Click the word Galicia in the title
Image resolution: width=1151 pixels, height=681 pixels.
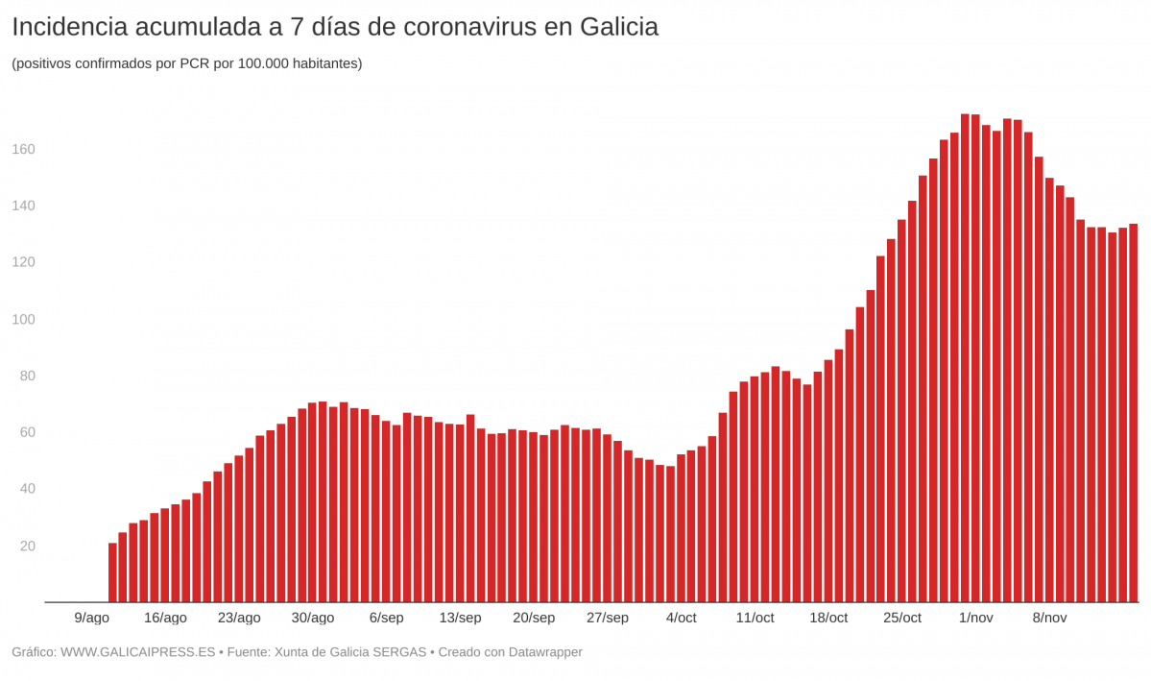(x=618, y=28)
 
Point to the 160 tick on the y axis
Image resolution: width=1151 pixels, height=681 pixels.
(x=23, y=149)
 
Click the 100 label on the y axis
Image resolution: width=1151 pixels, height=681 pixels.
(x=23, y=319)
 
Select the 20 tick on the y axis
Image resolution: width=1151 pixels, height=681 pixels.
(x=27, y=546)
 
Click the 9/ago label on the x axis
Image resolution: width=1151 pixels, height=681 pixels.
(x=91, y=618)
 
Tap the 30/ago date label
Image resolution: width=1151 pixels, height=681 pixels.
(x=313, y=618)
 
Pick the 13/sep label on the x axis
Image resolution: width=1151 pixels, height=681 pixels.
(x=460, y=618)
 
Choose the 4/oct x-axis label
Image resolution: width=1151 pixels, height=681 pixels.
(x=681, y=618)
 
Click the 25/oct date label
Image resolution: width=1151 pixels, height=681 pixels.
(x=901, y=618)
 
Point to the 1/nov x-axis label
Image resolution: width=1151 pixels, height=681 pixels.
(x=975, y=618)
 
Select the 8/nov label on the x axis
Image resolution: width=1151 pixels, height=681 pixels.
(x=1049, y=618)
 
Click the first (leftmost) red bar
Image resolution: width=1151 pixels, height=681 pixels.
(x=112, y=573)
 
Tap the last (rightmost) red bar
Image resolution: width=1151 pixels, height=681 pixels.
(x=1133, y=413)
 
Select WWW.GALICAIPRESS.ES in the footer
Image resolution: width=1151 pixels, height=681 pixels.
(x=137, y=652)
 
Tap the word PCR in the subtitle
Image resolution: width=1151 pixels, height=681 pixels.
(x=195, y=63)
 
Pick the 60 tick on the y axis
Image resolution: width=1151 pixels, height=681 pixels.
(x=27, y=432)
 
